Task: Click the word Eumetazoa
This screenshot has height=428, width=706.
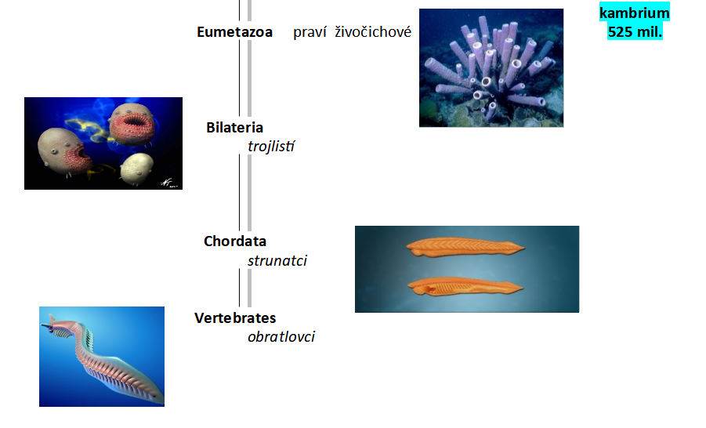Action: [234, 32]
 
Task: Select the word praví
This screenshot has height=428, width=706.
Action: [310, 32]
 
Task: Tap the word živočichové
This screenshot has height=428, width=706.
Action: [373, 32]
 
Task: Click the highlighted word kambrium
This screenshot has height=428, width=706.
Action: [635, 13]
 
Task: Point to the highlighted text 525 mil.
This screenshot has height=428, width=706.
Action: [635, 32]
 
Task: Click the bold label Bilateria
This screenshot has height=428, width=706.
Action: [234, 128]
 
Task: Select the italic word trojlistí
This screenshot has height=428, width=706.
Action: [271, 146]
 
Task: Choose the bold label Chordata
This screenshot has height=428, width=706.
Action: [235, 241]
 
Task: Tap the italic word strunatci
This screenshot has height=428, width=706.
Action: [277, 260]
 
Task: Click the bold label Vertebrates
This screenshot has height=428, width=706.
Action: [235, 318]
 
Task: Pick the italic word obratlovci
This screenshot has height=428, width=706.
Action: [281, 337]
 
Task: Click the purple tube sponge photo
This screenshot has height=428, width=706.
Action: [491, 67]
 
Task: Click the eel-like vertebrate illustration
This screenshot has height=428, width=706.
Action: [102, 357]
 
